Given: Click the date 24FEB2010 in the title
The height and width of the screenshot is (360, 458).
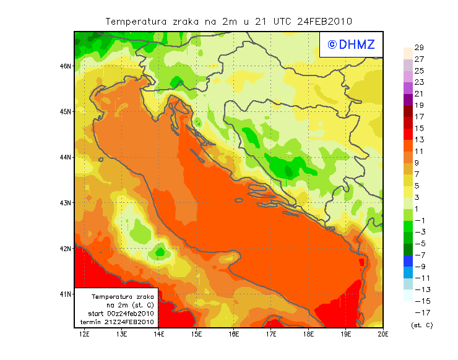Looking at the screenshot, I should pos(325,21).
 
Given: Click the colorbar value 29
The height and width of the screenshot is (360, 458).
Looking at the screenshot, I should pos(418,48).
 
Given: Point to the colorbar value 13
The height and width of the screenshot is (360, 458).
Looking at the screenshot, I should pos(418,140).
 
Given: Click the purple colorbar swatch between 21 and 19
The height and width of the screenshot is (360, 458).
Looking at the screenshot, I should pos(408,100).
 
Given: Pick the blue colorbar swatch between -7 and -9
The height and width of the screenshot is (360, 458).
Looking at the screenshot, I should pos(408,260).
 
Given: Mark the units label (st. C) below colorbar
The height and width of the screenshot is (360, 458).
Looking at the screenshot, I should pos(421,325).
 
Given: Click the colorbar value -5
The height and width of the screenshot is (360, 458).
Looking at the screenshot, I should pos(418,244).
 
